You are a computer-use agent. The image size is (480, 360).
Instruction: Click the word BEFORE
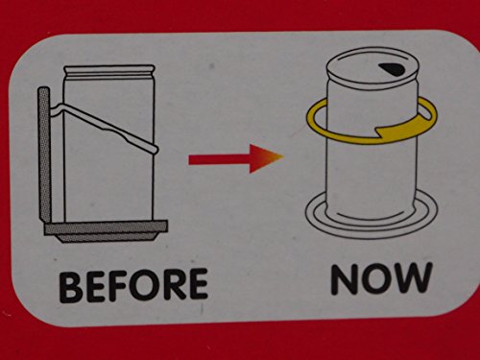(133, 285)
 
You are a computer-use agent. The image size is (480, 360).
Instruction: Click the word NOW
(382, 278)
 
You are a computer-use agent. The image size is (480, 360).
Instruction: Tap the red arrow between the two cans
(236, 158)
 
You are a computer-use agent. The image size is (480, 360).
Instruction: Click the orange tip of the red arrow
(277, 157)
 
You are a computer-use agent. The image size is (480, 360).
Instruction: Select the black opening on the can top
(392, 69)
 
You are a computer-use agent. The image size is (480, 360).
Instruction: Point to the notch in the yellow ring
(379, 131)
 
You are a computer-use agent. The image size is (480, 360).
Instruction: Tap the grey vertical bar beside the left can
(44, 154)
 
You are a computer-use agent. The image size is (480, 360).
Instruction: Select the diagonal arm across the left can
(104, 126)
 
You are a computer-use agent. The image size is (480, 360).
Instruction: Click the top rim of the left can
(109, 70)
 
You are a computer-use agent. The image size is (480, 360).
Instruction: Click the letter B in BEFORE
(70, 287)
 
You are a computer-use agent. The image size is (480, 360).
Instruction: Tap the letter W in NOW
(413, 277)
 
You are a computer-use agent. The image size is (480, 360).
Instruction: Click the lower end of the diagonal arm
(156, 149)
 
